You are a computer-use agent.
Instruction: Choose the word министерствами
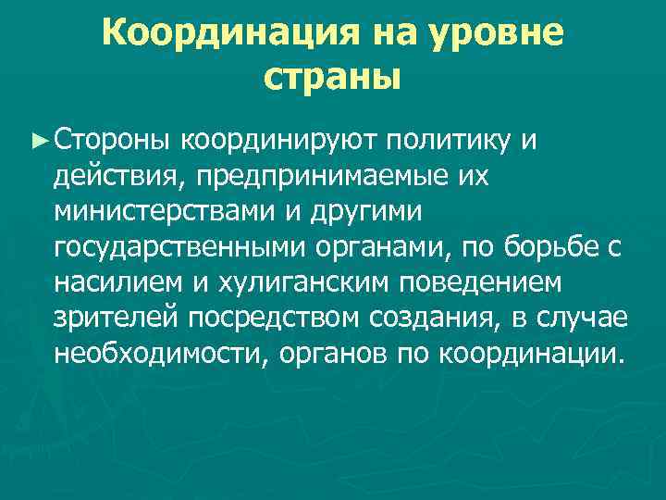click(x=168, y=211)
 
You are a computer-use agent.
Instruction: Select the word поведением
click(x=508, y=282)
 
